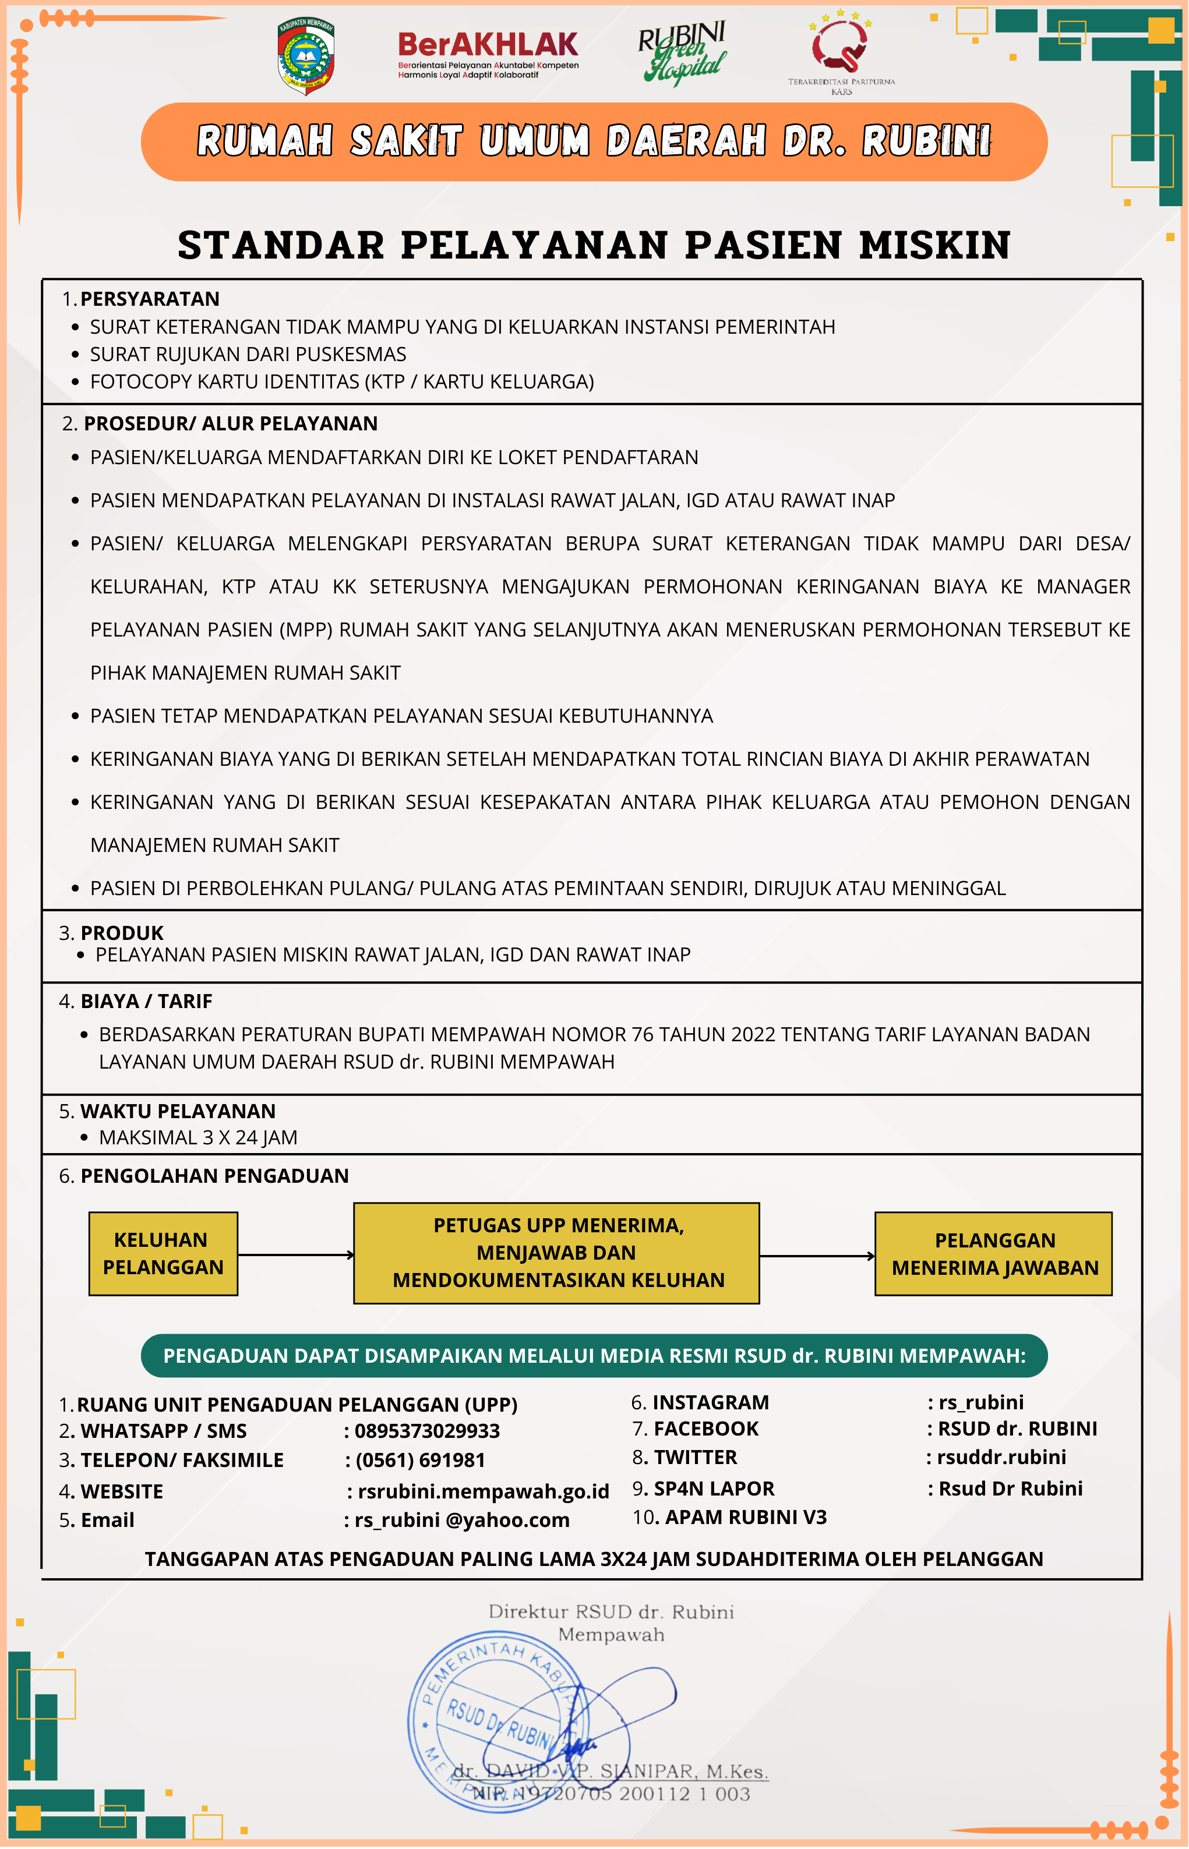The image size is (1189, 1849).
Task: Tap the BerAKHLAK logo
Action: click(488, 54)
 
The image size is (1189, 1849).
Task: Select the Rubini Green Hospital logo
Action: click(682, 52)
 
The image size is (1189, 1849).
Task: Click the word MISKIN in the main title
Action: click(934, 245)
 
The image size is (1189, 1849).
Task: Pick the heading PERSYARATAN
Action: click(150, 299)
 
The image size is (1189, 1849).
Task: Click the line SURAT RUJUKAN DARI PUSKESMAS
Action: click(248, 354)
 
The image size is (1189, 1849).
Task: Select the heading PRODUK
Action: click(122, 933)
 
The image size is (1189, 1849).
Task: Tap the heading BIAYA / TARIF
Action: click(146, 1001)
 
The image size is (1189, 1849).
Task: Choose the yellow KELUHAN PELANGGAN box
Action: click(163, 1253)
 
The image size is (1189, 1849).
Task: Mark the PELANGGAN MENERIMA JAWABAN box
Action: click(994, 1254)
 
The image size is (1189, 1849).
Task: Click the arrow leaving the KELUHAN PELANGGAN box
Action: click(296, 1255)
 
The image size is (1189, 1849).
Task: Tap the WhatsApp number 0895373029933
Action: click(427, 1431)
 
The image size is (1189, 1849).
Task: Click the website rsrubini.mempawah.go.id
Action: click(484, 1491)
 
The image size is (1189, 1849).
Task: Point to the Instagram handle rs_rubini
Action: click(980, 1402)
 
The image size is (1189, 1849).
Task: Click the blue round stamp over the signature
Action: click(494, 1721)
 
